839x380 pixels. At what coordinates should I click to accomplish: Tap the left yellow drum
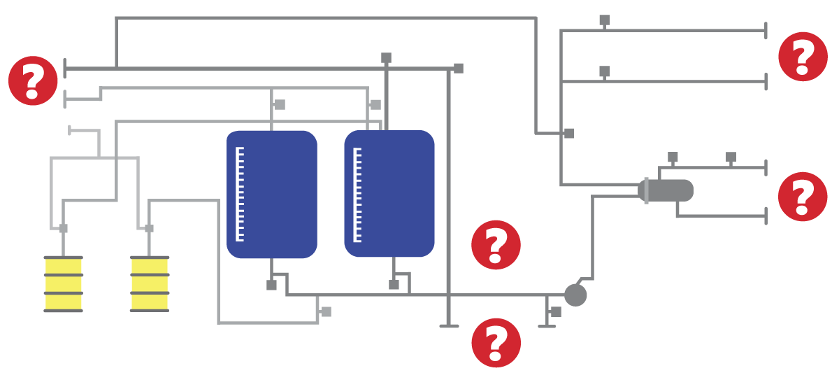(x=64, y=283)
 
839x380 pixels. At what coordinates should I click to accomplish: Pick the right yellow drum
(x=150, y=283)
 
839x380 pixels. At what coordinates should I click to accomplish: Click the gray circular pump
(x=575, y=295)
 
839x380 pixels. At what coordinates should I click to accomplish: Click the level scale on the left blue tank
(x=240, y=194)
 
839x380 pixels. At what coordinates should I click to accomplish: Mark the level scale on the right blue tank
(x=357, y=194)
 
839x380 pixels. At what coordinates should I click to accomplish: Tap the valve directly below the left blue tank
(x=271, y=285)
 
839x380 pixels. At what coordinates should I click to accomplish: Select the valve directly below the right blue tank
(x=394, y=284)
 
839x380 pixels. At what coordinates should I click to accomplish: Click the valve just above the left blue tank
(x=280, y=104)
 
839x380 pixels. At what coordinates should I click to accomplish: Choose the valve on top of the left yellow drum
(x=64, y=228)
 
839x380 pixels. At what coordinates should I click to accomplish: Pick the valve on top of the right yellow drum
(x=149, y=228)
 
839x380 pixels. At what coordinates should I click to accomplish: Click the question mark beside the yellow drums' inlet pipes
(x=33, y=80)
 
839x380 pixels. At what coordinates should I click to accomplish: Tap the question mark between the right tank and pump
(x=496, y=245)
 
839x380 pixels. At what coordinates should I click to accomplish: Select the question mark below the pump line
(x=496, y=343)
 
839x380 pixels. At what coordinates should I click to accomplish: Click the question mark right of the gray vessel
(x=803, y=197)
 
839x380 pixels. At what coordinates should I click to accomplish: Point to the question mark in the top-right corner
(x=803, y=57)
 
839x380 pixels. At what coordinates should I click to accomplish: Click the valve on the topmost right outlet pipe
(x=604, y=20)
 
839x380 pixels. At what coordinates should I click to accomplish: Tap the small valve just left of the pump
(x=556, y=311)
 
